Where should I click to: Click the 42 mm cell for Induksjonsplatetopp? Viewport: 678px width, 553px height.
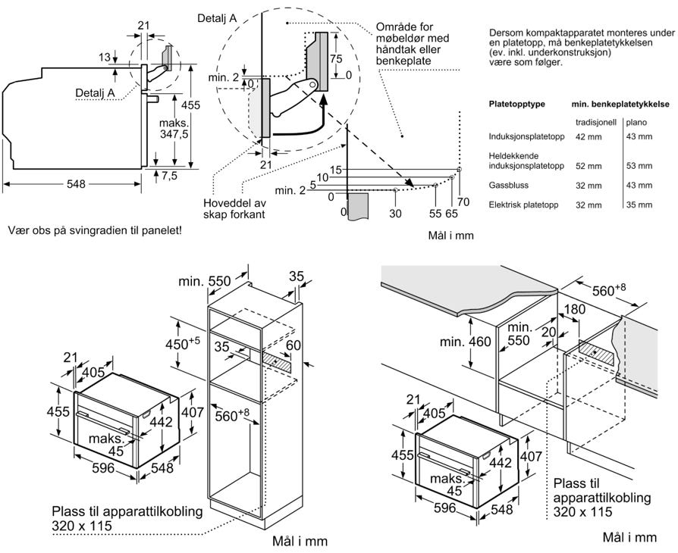(x=589, y=136)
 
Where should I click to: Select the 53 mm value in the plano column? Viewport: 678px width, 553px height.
(x=639, y=165)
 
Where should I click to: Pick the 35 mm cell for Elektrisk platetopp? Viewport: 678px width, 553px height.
(x=639, y=205)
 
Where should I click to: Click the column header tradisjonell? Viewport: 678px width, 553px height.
(x=596, y=122)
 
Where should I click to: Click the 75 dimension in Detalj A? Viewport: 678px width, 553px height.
(x=336, y=59)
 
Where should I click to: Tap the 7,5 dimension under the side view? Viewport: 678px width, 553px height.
(x=168, y=176)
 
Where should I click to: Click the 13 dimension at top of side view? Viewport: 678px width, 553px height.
(x=105, y=57)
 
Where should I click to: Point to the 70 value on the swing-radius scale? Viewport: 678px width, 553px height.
(x=463, y=202)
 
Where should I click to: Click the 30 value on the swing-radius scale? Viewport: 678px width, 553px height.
(x=395, y=213)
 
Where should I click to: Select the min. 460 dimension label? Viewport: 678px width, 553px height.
(x=465, y=342)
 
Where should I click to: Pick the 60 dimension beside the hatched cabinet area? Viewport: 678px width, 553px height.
(x=293, y=345)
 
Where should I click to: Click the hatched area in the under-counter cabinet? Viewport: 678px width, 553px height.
(x=596, y=351)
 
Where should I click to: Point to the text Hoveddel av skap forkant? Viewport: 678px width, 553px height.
(x=235, y=208)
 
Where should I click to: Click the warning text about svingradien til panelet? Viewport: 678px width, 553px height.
(x=95, y=231)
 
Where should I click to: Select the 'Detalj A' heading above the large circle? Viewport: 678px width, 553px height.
(x=217, y=18)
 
